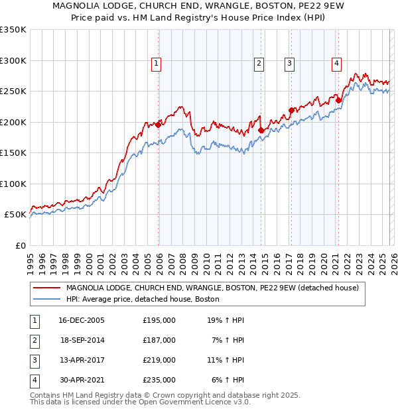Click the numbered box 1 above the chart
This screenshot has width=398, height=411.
[156, 64]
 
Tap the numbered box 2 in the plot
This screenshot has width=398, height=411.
[258, 64]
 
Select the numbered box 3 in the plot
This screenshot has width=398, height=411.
[290, 64]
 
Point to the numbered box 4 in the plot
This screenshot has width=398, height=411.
[337, 64]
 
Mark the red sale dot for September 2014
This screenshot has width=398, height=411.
[261, 130]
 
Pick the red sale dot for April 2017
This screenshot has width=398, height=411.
[291, 110]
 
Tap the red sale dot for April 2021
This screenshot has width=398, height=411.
[338, 100]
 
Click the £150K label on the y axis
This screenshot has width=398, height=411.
[13, 152]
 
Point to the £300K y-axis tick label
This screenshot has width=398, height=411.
[13, 60]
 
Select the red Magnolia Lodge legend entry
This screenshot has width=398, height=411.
[212, 288]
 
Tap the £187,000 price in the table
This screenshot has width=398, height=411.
[159, 340]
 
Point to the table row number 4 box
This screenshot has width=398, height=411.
[33, 380]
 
